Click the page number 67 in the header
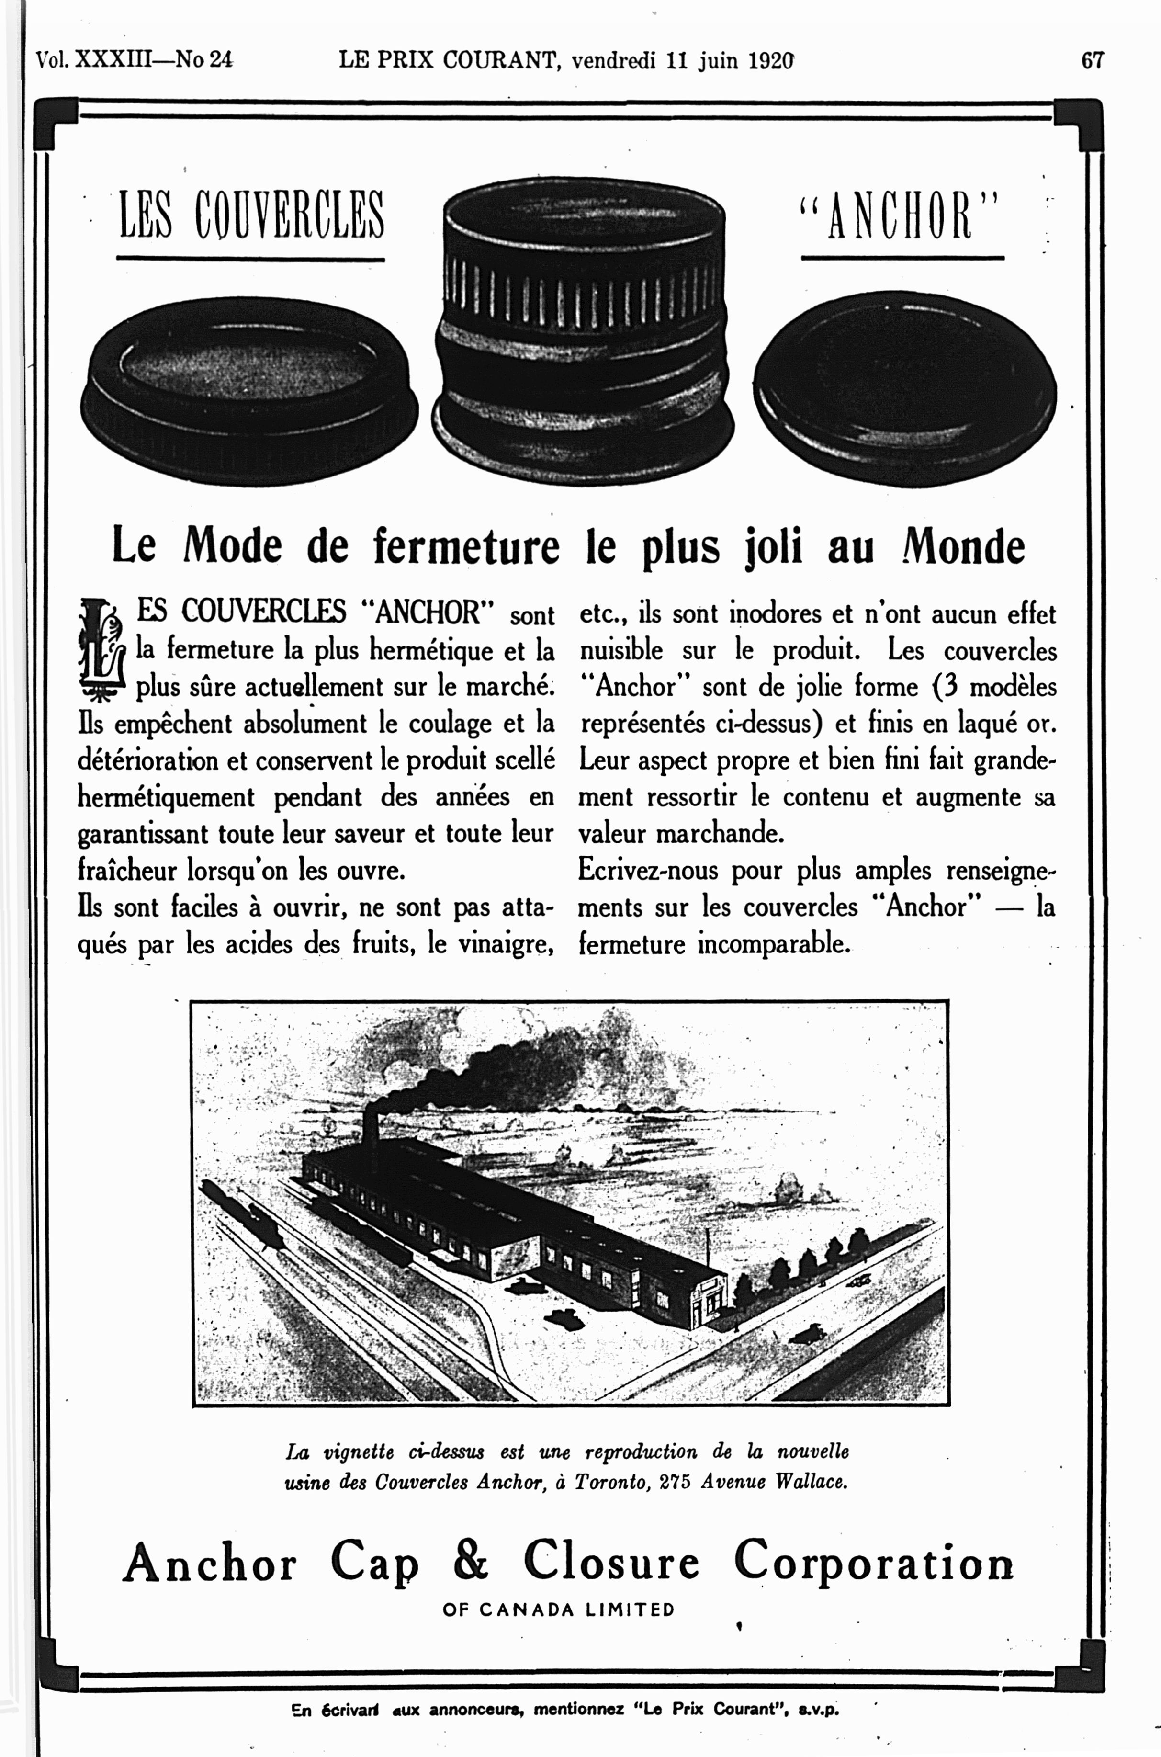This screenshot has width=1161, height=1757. (1092, 60)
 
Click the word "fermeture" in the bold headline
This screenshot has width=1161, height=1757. (466, 548)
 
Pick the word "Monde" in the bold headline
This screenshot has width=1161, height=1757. (963, 548)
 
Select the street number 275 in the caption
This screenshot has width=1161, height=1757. (675, 1482)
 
